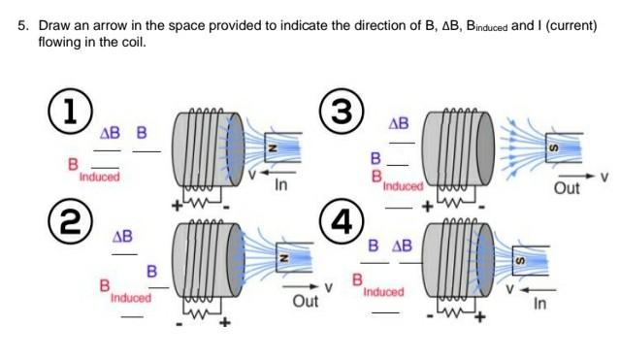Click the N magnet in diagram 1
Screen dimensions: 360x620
click(x=273, y=147)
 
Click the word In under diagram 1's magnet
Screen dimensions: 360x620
click(x=281, y=183)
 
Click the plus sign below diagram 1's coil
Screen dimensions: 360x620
click(x=179, y=205)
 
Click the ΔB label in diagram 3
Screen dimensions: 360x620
click(x=399, y=124)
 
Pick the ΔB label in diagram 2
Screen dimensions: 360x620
click(x=122, y=236)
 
